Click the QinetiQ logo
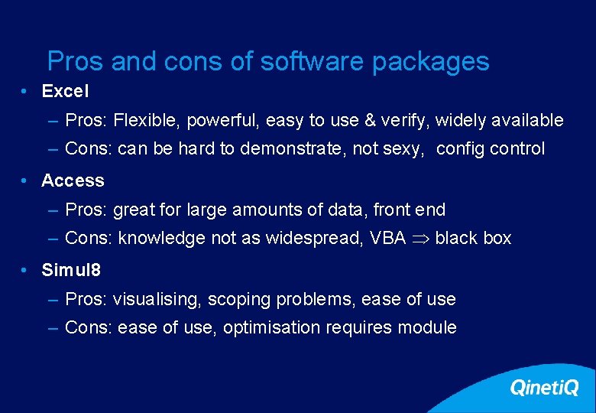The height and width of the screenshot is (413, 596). click(x=544, y=389)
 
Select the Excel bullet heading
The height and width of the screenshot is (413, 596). click(x=65, y=92)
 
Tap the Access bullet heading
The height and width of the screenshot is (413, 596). click(x=73, y=181)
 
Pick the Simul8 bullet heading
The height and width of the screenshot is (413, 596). click(x=71, y=270)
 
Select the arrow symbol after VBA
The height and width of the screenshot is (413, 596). click(x=420, y=239)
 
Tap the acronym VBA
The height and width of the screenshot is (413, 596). click(x=387, y=239)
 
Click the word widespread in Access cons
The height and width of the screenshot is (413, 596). click(x=312, y=239)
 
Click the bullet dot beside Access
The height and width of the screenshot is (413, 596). click(x=26, y=181)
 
